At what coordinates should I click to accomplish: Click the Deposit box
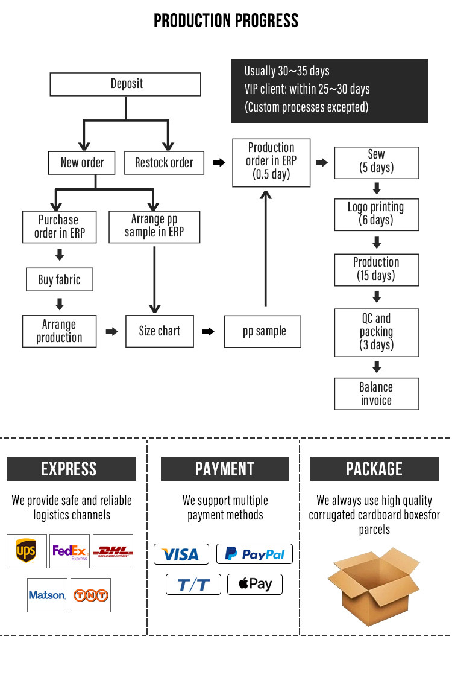click(x=125, y=84)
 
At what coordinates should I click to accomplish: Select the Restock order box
click(x=164, y=162)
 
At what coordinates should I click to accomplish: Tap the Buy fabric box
click(x=58, y=279)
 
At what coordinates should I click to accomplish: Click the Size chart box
click(x=160, y=331)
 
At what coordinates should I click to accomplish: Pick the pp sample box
click(x=263, y=331)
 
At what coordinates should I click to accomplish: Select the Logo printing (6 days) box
click(x=376, y=214)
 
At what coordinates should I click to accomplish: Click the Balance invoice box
click(x=376, y=393)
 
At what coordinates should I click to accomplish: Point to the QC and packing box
click(x=376, y=332)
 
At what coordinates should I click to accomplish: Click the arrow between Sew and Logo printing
click(x=377, y=188)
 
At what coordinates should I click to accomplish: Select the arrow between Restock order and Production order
click(x=219, y=162)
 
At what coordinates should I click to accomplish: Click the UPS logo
click(x=27, y=551)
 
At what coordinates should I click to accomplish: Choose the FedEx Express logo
click(x=70, y=551)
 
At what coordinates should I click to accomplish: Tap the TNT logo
click(x=90, y=595)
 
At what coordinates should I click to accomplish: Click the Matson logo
click(x=47, y=595)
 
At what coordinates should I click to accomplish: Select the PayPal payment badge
click(x=254, y=554)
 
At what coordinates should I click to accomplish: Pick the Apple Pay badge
click(x=254, y=584)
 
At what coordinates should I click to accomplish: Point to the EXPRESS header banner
click(x=71, y=469)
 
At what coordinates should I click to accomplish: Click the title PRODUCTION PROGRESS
click(x=226, y=21)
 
